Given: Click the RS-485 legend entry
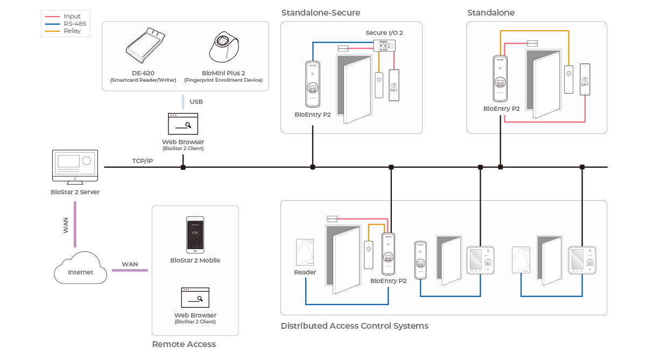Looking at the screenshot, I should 74,24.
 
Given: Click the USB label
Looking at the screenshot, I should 196,102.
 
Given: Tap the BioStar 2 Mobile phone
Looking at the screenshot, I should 195,235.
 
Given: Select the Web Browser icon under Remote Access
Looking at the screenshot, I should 195,298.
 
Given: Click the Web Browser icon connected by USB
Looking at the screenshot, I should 183,124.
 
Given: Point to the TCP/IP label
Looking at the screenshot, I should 143,161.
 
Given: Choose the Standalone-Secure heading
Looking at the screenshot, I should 321,12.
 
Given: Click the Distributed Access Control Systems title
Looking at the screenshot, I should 355,326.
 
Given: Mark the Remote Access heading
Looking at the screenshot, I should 184,344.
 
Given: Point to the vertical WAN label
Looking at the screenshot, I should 66,225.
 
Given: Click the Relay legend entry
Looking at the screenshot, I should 72,31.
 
